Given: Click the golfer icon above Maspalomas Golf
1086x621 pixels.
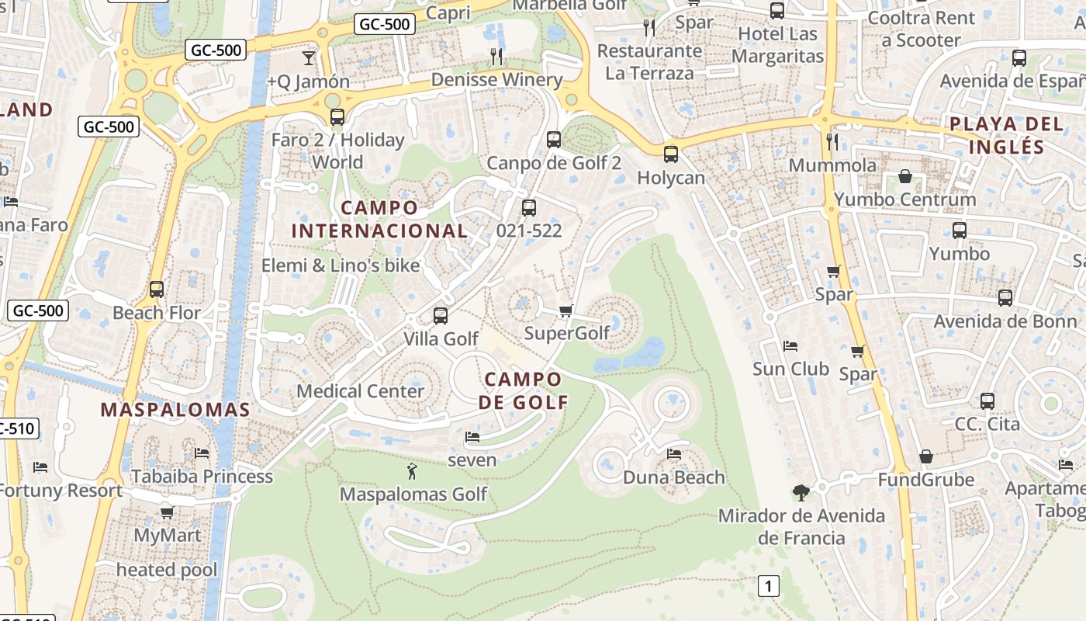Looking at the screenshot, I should (412, 470).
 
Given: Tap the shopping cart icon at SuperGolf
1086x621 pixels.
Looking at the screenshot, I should (565, 310).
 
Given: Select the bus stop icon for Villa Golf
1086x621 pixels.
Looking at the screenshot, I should (441, 316).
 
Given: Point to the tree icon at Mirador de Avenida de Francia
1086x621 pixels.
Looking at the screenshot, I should (801, 492).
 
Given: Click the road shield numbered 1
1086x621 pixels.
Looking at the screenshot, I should (768, 586).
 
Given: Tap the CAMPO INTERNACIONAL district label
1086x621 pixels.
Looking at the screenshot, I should (379, 220).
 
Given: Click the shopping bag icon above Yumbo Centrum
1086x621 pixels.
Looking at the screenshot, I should (904, 177).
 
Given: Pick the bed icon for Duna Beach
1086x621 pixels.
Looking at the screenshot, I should (673, 454).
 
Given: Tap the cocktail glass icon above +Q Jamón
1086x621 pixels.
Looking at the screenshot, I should (309, 57).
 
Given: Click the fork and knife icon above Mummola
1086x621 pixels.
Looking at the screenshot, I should (832, 141).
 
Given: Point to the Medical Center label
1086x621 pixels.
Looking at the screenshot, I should (360, 390).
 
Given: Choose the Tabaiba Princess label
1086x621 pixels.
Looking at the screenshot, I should (202, 476).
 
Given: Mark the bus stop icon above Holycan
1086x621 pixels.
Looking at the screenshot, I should (671, 154).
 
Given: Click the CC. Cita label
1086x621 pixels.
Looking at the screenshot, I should (987, 425).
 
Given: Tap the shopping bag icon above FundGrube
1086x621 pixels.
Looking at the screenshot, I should (925, 456).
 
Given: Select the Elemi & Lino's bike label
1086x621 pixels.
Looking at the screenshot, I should (341, 265).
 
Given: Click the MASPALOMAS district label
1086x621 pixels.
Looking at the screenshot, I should (175, 410).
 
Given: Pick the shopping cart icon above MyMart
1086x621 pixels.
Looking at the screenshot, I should (167, 512).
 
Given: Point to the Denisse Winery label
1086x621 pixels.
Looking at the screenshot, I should (496, 80).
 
